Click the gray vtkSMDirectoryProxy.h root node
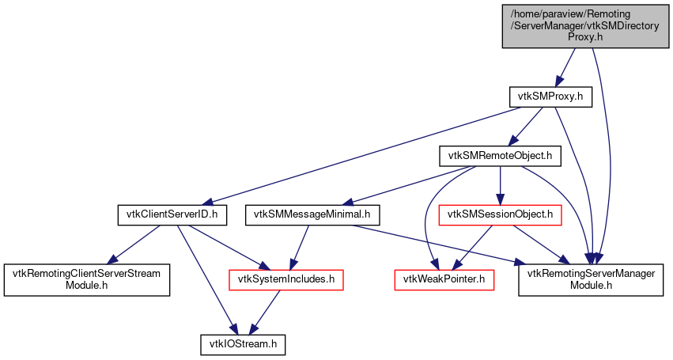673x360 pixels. click(x=561, y=25)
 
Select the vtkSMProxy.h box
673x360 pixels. click(x=550, y=97)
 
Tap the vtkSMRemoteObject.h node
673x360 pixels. click(x=500, y=157)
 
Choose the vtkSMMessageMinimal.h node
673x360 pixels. click(x=313, y=214)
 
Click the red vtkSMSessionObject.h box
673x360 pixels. click(x=500, y=214)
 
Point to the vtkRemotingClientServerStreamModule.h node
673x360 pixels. click(x=87, y=279)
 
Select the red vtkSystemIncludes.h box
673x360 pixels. click(x=285, y=279)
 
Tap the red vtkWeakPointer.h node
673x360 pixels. click(x=444, y=279)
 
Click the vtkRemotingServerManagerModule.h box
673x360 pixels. click(x=590, y=279)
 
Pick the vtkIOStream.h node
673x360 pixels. click(x=242, y=345)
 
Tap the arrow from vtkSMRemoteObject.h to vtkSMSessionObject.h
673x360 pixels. click(x=500, y=185)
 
